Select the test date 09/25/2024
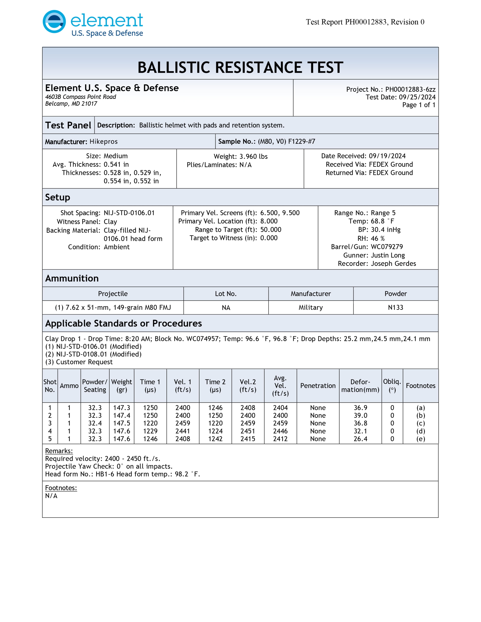[417, 97]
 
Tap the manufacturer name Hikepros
[103, 142]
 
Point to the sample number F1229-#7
[302, 142]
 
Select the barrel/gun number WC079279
[387, 247]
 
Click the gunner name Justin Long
[388, 255]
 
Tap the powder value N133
[396, 308]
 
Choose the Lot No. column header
[226, 294]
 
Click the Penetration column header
[318, 386]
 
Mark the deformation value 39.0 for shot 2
[360, 416]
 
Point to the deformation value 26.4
[360, 439]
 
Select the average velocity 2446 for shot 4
[280, 431]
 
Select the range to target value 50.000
[270, 230]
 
